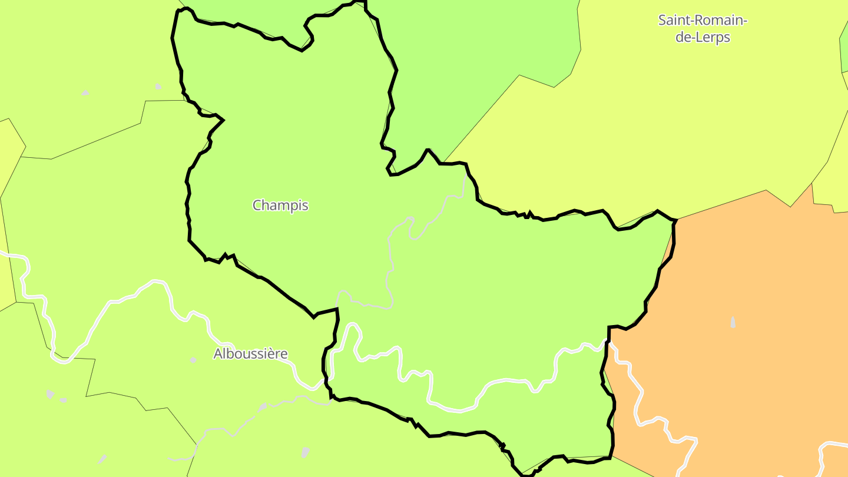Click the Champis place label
coord(280,206)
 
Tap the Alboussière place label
coord(250,354)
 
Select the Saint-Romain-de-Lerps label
coord(703,29)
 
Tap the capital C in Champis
coord(257,206)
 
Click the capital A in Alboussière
coord(218,354)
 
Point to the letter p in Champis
coord(294,207)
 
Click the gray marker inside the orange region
coord(733,322)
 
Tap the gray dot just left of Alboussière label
coord(193,359)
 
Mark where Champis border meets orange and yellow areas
coord(675,220)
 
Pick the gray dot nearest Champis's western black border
coord(158,87)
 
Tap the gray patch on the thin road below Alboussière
coord(262,406)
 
